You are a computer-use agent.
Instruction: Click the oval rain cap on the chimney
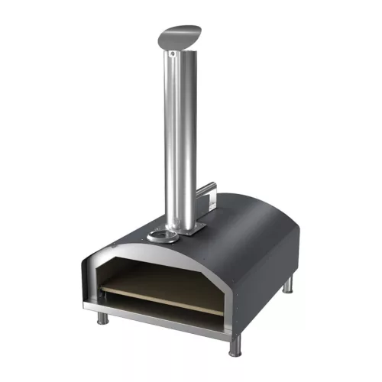pyautogui.click(x=180, y=35)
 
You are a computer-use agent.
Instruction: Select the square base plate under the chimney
pyautogui.click(x=188, y=228)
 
